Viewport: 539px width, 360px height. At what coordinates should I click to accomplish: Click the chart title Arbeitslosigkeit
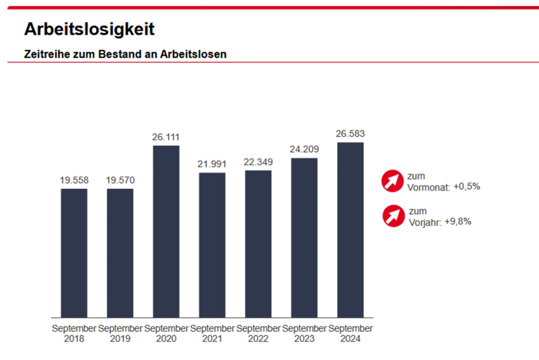pos(89,29)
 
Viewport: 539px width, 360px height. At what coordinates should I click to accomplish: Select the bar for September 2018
pos(74,253)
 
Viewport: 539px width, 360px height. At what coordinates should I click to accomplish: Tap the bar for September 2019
pos(120,253)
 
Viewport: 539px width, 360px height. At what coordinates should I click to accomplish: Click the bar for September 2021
pos(212,245)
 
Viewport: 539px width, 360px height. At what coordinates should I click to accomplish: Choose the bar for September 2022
pos(258,244)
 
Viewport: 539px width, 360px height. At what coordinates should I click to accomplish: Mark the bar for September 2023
pos(304,237)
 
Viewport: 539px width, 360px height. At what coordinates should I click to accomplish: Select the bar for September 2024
pos(350,229)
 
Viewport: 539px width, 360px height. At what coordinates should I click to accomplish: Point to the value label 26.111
pos(166,137)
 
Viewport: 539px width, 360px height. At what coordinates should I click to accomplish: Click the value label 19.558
pos(74,180)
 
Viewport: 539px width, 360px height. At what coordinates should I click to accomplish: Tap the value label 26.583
pos(350,134)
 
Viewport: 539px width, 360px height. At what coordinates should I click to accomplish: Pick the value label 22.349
pos(258,162)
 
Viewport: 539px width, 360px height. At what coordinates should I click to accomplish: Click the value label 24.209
pos(304,150)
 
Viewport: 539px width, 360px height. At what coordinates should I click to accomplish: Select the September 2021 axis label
pos(212,333)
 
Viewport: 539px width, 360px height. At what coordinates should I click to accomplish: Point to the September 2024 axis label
pos(350,333)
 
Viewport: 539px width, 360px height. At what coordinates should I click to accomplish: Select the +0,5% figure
pos(467,186)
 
